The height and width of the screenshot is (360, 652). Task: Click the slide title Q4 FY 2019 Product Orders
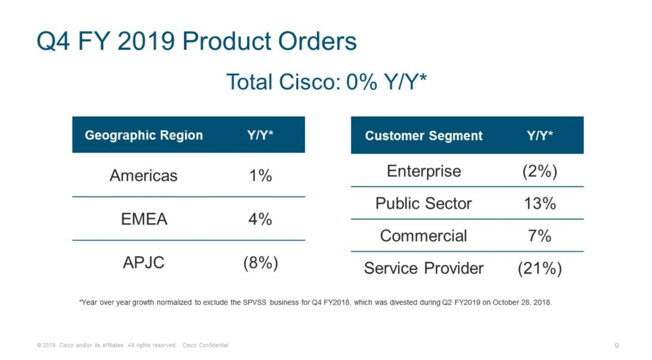[x=197, y=42]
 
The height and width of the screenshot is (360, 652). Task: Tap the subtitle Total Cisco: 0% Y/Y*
[x=326, y=82]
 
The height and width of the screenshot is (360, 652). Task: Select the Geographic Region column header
[x=144, y=135]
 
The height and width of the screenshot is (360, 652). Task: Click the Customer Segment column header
[x=424, y=136]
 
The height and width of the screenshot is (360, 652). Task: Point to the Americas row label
[x=143, y=175]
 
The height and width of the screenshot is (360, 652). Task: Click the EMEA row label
[x=143, y=219]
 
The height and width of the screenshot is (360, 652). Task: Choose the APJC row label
[x=143, y=263]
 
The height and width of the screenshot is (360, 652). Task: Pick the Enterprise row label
[x=424, y=171]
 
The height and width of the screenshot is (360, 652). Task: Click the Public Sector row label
[x=424, y=204]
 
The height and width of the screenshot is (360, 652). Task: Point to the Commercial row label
[x=424, y=236]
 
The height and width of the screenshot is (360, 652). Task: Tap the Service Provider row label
[x=424, y=268]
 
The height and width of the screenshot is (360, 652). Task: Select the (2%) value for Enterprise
[x=540, y=171]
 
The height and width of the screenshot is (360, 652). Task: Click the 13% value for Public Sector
[x=540, y=204]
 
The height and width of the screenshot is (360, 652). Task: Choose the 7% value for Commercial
[x=540, y=236]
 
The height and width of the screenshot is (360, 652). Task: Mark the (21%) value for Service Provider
[x=540, y=268]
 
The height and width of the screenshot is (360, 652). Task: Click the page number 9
[x=617, y=345]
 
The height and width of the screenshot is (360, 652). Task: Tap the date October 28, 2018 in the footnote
[x=522, y=302]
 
